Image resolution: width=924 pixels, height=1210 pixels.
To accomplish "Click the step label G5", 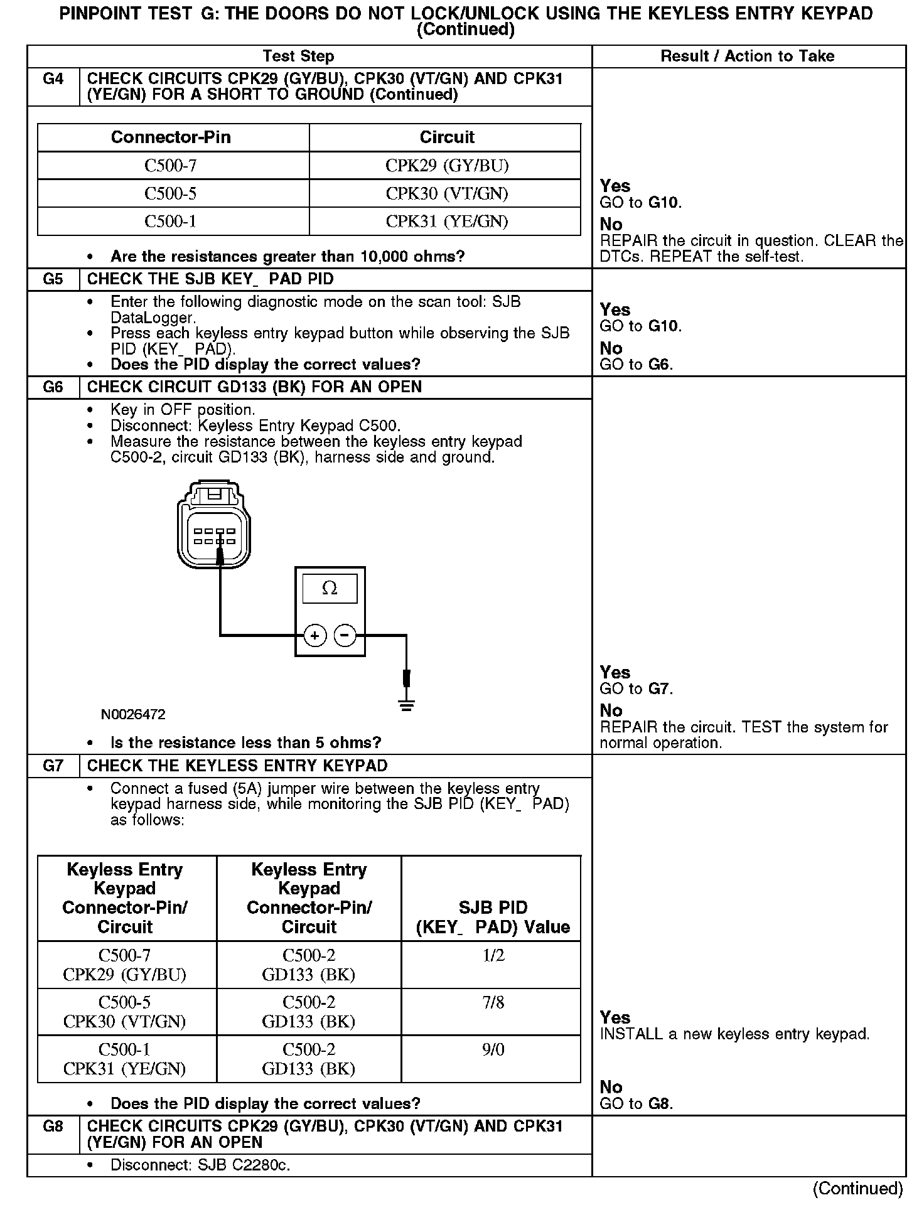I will tap(53, 279).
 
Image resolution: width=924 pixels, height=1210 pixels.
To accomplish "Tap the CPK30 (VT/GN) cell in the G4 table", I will tap(446, 193).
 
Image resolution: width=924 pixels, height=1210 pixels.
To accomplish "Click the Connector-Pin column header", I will tap(171, 137).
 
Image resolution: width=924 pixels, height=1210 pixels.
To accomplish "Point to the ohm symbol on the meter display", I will tap(330, 588).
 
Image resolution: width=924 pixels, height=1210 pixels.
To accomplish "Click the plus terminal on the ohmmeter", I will tap(314, 636).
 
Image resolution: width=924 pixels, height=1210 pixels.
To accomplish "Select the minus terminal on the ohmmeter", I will tap(345, 636).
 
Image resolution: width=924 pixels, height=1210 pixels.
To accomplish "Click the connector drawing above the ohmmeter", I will tap(214, 524).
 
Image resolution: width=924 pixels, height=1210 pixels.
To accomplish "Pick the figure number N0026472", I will tap(133, 715).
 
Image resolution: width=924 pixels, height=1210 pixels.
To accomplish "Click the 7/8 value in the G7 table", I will tap(493, 1002).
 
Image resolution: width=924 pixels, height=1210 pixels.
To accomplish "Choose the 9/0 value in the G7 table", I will tap(493, 1049).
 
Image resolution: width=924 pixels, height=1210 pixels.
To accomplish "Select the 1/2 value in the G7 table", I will tap(493, 955).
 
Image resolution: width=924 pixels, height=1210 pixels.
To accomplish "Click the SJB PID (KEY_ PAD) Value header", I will tap(493, 917).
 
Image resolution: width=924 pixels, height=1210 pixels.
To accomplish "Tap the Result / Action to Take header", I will tap(747, 56).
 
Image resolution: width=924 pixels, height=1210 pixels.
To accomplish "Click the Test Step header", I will tap(298, 56).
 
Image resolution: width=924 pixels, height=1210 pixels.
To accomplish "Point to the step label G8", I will tap(53, 1127).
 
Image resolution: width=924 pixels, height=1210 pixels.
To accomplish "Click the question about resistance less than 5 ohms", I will tap(245, 743).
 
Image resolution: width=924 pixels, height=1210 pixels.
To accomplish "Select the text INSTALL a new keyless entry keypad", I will tap(734, 1034).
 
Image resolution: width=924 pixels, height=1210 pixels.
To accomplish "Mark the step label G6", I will tap(53, 387).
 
